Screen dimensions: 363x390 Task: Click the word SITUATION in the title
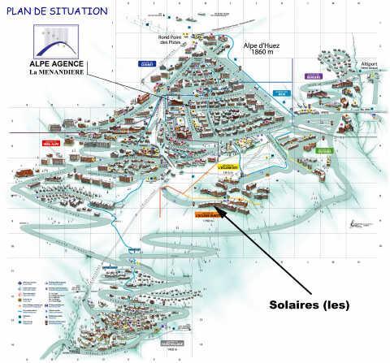point(76,11)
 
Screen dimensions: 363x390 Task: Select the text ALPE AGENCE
point(59,62)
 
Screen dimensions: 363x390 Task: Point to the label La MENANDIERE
point(59,71)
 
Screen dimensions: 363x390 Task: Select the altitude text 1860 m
point(262,54)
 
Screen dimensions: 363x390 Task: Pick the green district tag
point(325,150)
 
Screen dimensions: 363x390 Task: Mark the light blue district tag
point(281,93)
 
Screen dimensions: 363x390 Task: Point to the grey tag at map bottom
point(171,343)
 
